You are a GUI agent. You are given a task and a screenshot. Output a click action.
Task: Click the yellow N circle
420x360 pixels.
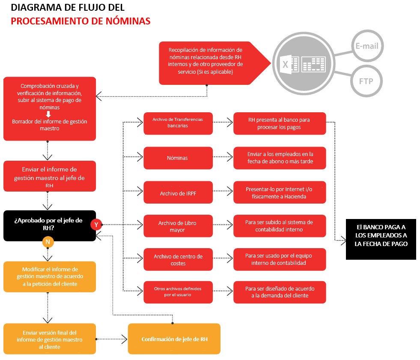tap(48, 242)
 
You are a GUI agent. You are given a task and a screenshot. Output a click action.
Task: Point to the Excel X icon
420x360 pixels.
tap(285, 64)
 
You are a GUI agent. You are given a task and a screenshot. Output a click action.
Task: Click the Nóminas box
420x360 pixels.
tap(178, 158)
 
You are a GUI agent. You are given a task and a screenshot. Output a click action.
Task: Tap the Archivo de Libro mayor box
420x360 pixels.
tap(178, 226)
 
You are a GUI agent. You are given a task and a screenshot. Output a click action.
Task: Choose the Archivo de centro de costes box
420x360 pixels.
tap(178, 259)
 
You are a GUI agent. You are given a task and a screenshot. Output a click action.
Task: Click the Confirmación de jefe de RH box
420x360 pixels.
tap(174, 339)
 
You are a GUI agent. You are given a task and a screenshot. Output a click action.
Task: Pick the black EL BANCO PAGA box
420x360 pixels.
tap(381, 235)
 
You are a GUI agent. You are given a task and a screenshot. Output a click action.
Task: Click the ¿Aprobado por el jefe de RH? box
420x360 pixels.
tap(48, 225)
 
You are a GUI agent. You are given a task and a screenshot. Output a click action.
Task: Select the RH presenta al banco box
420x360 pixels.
tap(280, 123)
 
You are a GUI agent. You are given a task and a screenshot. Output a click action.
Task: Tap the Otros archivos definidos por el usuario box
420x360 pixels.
tap(178, 292)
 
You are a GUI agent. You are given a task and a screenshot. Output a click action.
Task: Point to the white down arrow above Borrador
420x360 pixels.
tap(48, 114)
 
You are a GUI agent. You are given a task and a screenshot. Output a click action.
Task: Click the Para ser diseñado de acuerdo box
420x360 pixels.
tap(280, 292)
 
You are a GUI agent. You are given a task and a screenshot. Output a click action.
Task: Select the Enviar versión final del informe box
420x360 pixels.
tap(50, 339)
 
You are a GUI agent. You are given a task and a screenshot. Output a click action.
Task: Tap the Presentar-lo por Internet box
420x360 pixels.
tap(280, 193)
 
